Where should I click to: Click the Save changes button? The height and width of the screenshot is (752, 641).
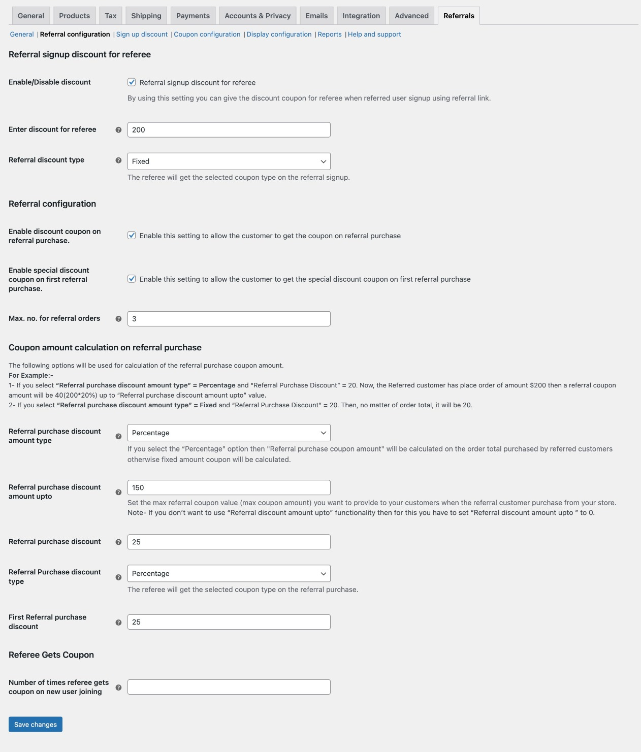pos(36,724)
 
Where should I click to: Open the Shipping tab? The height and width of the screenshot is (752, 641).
pos(146,16)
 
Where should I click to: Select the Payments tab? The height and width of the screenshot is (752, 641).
pos(193,16)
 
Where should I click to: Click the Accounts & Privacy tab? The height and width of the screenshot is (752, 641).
pos(258,16)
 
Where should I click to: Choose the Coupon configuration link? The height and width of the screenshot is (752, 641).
pos(207,35)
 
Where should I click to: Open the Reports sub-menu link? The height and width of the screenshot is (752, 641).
pos(330,35)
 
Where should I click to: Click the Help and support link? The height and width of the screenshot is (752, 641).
pos(374,35)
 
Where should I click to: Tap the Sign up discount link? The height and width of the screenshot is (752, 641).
pos(142,35)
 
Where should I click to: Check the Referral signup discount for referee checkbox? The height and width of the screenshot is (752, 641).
pos(132,82)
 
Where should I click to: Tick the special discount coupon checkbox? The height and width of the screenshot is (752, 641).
pos(132,279)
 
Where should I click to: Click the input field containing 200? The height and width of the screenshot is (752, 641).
pos(229,130)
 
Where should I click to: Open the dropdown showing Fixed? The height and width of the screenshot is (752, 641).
pos(229,161)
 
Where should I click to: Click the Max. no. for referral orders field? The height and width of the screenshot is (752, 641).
pos(229,319)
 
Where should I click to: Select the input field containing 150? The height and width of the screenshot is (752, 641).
pos(229,487)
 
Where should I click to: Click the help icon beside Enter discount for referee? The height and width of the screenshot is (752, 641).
pos(118,130)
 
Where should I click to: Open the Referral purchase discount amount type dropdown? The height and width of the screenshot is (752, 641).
pos(229,433)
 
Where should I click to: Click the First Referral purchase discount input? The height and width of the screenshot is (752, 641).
pos(229,622)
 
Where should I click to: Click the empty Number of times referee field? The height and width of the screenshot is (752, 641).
pos(229,687)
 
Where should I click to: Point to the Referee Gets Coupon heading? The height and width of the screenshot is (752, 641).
pos(51,655)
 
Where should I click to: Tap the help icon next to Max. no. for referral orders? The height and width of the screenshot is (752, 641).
pos(118,319)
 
